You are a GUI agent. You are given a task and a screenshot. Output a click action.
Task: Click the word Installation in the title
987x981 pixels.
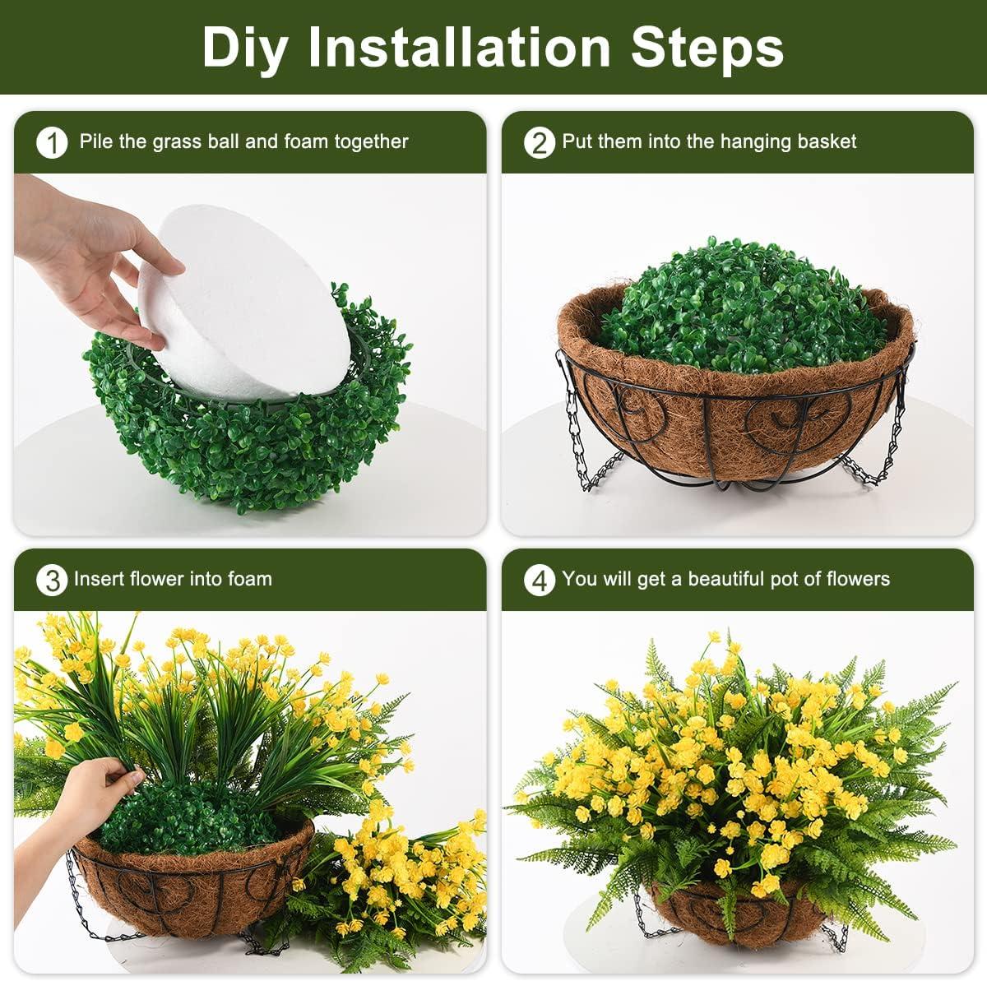click(459, 46)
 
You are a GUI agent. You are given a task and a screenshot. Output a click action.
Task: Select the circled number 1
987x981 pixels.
click(53, 143)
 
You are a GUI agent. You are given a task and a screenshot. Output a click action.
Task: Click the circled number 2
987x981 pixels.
click(540, 143)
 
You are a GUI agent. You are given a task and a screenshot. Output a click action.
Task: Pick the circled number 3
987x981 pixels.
click(52, 581)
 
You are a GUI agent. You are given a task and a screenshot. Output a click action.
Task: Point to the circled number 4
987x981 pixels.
click(540, 581)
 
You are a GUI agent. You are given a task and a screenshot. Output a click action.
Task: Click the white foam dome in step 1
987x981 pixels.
click(246, 303)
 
